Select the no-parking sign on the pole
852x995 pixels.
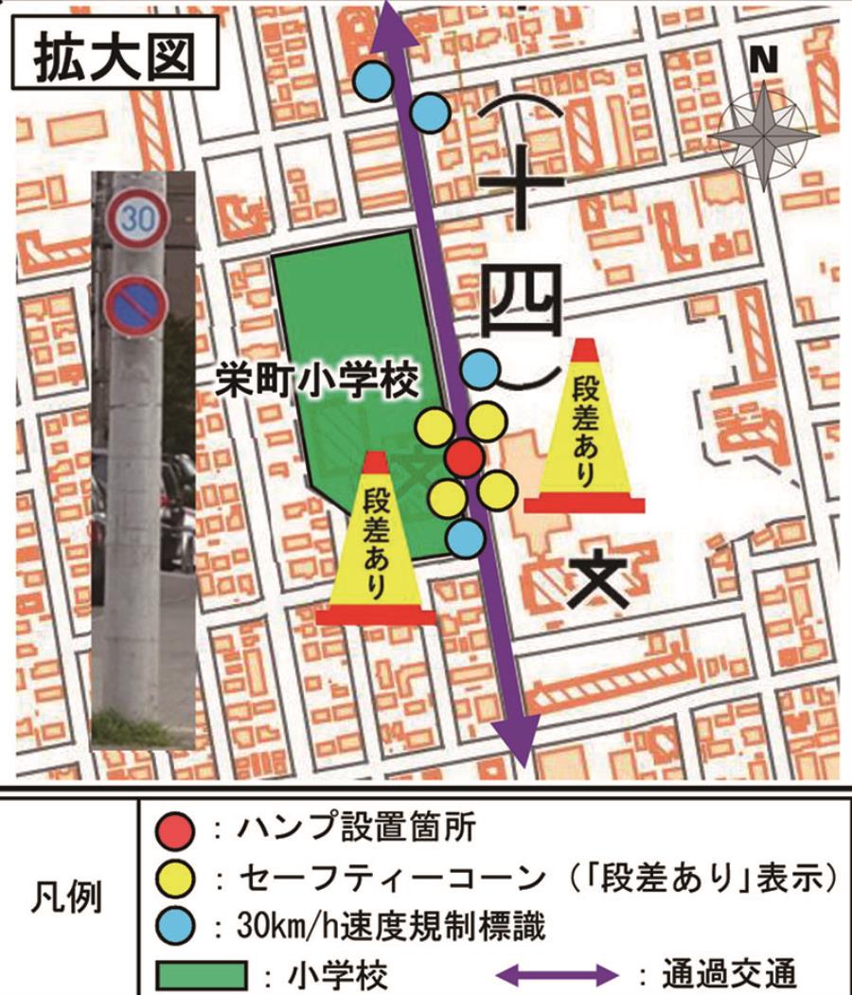pyautogui.click(x=136, y=305)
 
